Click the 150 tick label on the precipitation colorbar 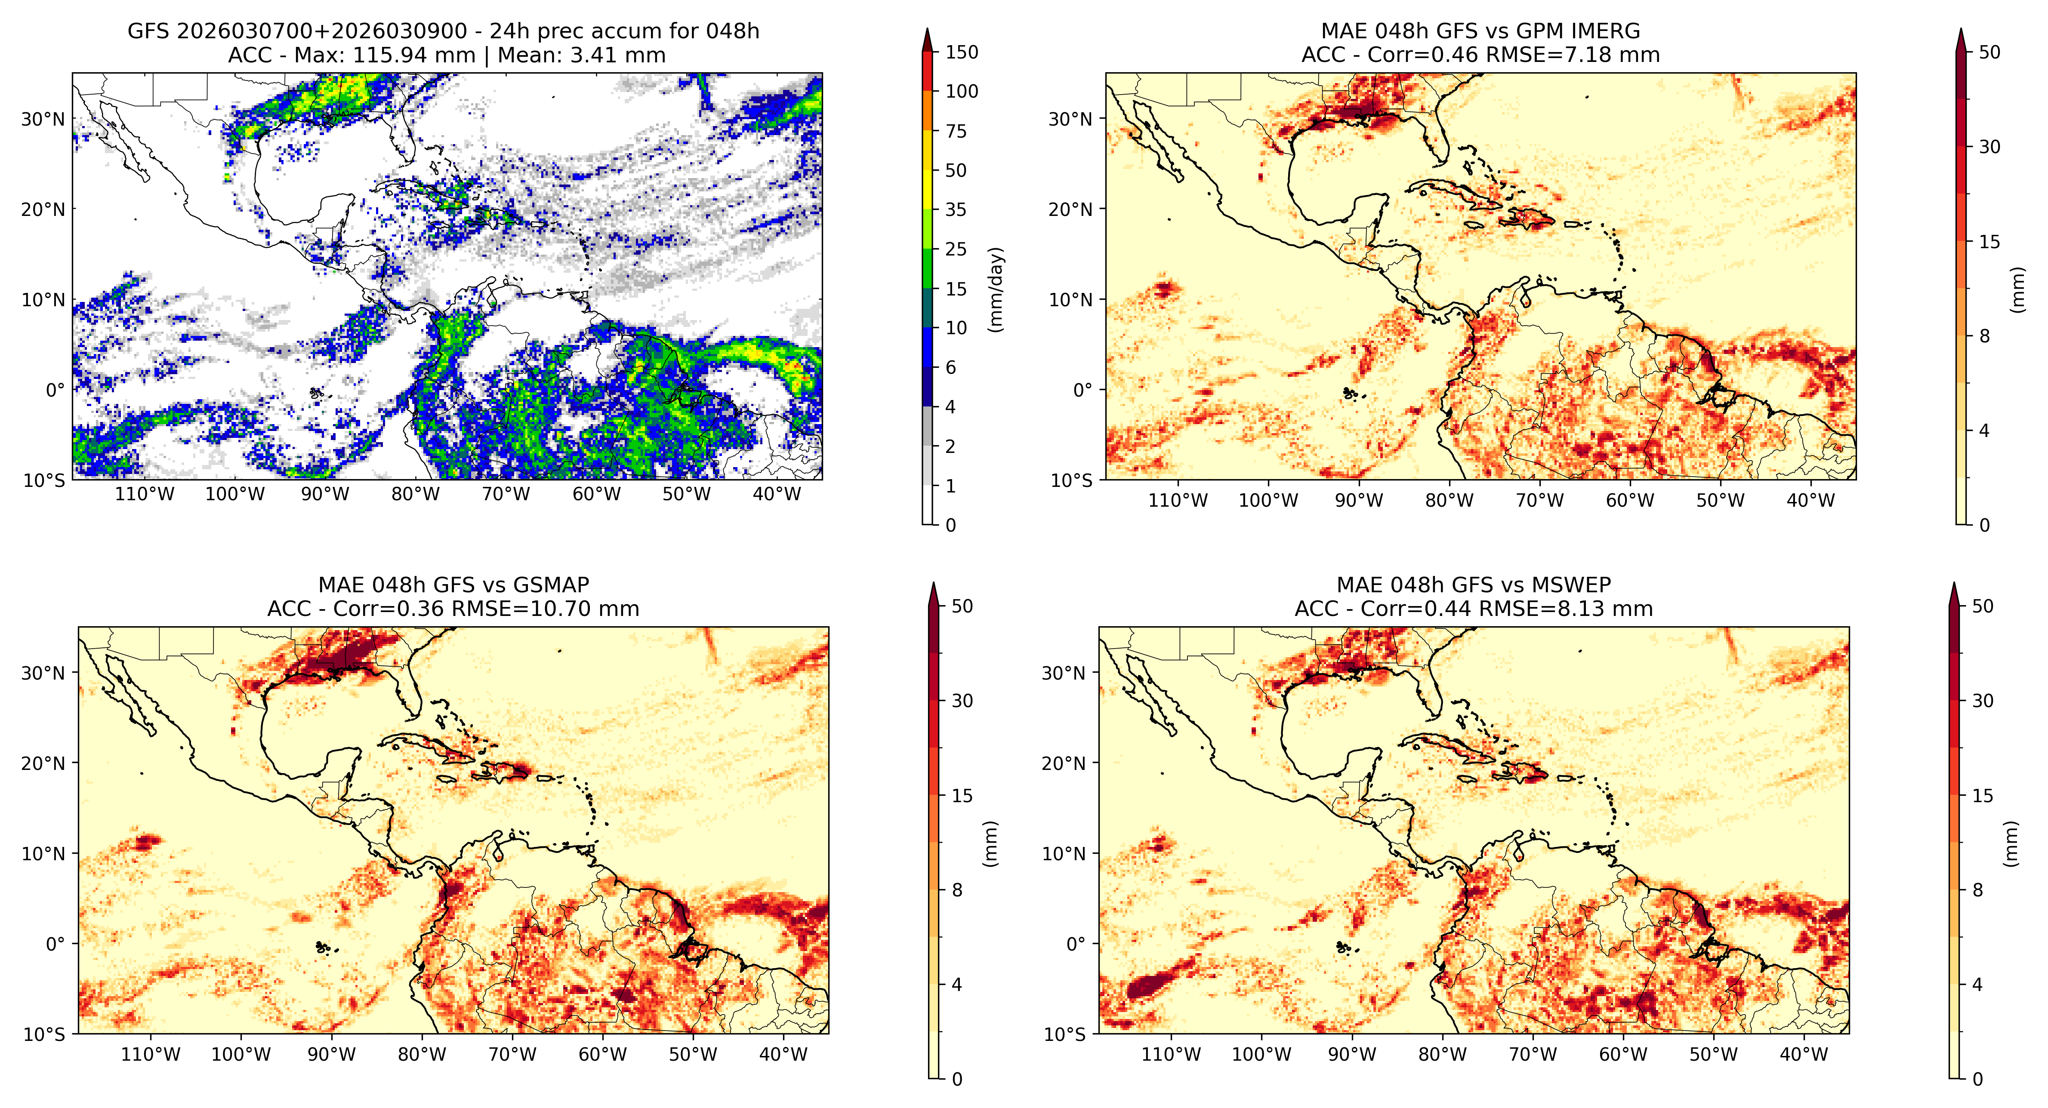(961, 52)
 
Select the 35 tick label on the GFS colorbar (956, 210)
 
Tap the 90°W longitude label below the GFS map (325, 494)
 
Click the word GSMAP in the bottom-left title (551, 585)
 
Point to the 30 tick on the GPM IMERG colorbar (1989, 147)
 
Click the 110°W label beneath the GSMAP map (150, 1055)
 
